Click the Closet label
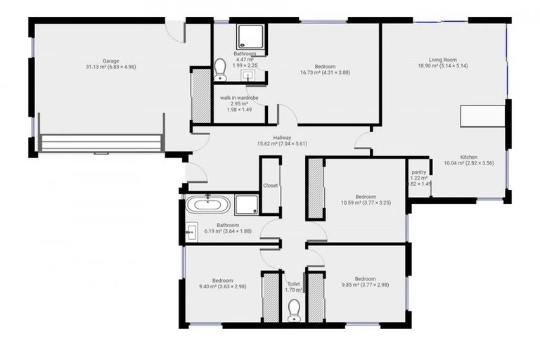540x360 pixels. click(x=270, y=186)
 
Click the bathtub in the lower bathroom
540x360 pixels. click(x=207, y=205)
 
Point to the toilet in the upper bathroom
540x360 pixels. click(x=220, y=68)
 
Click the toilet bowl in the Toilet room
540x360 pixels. click(x=294, y=310)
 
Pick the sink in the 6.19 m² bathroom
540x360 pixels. click(x=191, y=230)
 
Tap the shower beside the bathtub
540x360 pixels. click(x=246, y=205)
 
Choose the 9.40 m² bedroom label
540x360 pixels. click(x=218, y=283)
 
